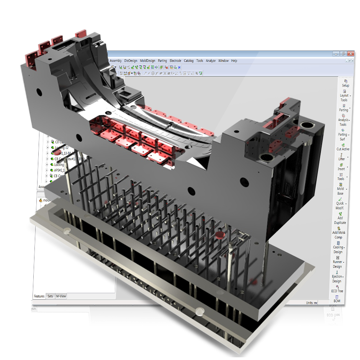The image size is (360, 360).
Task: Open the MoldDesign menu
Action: tap(147, 61)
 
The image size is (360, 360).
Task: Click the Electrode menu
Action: tap(175, 61)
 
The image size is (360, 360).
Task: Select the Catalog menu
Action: tap(189, 61)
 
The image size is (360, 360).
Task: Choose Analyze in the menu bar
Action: tap(211, 61)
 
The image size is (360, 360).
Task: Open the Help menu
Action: tap(234, 61)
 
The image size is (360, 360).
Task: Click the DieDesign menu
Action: tap(131, 61)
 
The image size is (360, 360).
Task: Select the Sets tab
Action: tap(50, 296)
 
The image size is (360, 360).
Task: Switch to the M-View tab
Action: tap(61, 296)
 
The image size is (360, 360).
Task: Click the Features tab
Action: tap(39, 296)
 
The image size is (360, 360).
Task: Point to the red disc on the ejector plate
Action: tap(220, 234)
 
